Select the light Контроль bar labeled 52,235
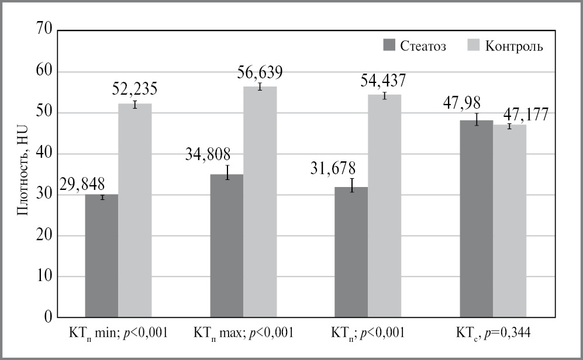pyautogui.click(x=135, y=210)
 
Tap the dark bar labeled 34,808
pyautogui.click(x=226, y=245)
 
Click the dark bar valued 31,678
pyautogui.click(x=351, y=252)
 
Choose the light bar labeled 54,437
pyautogui.click(x=385, y=206)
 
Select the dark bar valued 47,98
pyautogui.click(x=476, y=219)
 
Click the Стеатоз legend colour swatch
pyautogui.click(x=389, y=46)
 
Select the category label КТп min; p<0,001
pyautogui.click(x=118, y=334)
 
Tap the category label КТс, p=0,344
pyautogui.click(x=492, y=334)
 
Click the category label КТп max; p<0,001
pyautogui.click(x=243, y=334)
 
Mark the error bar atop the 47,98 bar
pyautogui.click(x=476, y=120)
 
